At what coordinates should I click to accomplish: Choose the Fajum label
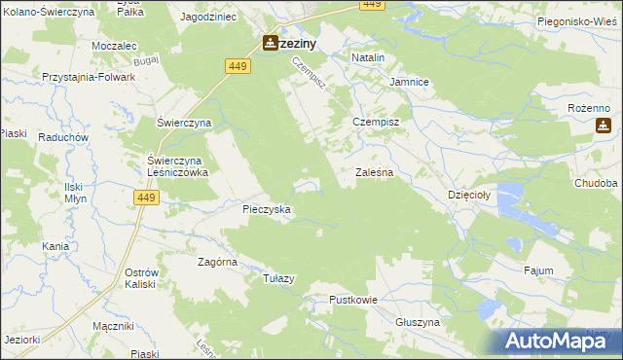click(x=538, y=270)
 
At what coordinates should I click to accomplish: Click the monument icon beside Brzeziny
click(x=269, y=44)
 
